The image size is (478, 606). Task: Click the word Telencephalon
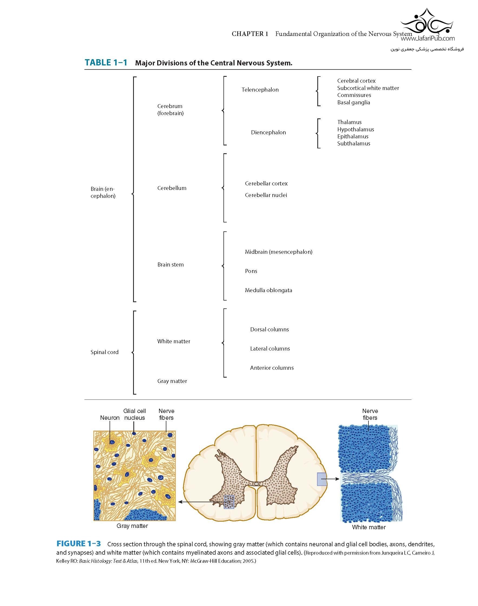click(260, 90)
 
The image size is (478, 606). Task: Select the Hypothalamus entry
click(355, 129)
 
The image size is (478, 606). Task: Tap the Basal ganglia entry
click(354, 102)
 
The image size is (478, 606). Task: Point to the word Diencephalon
click(268, 132)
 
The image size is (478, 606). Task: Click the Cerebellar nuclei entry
click(266, 195)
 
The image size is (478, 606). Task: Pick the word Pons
click(251, 271)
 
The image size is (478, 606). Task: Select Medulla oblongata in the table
click(268, 290)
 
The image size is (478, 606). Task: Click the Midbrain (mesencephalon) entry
click(278, 252)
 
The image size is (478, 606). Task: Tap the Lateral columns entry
click(270, 349)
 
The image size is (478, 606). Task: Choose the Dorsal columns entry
click(269, 329)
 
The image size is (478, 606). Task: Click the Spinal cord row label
click(104, 352)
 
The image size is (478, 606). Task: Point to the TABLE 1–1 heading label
click(106, 62)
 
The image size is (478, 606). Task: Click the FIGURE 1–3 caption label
click(78, 544)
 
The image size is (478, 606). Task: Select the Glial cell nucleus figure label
click(135, 414)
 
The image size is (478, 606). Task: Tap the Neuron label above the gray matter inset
click(110, 418)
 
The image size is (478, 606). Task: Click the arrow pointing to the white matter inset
click(333, 479)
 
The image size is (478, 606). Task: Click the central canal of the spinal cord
click(256, 483)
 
